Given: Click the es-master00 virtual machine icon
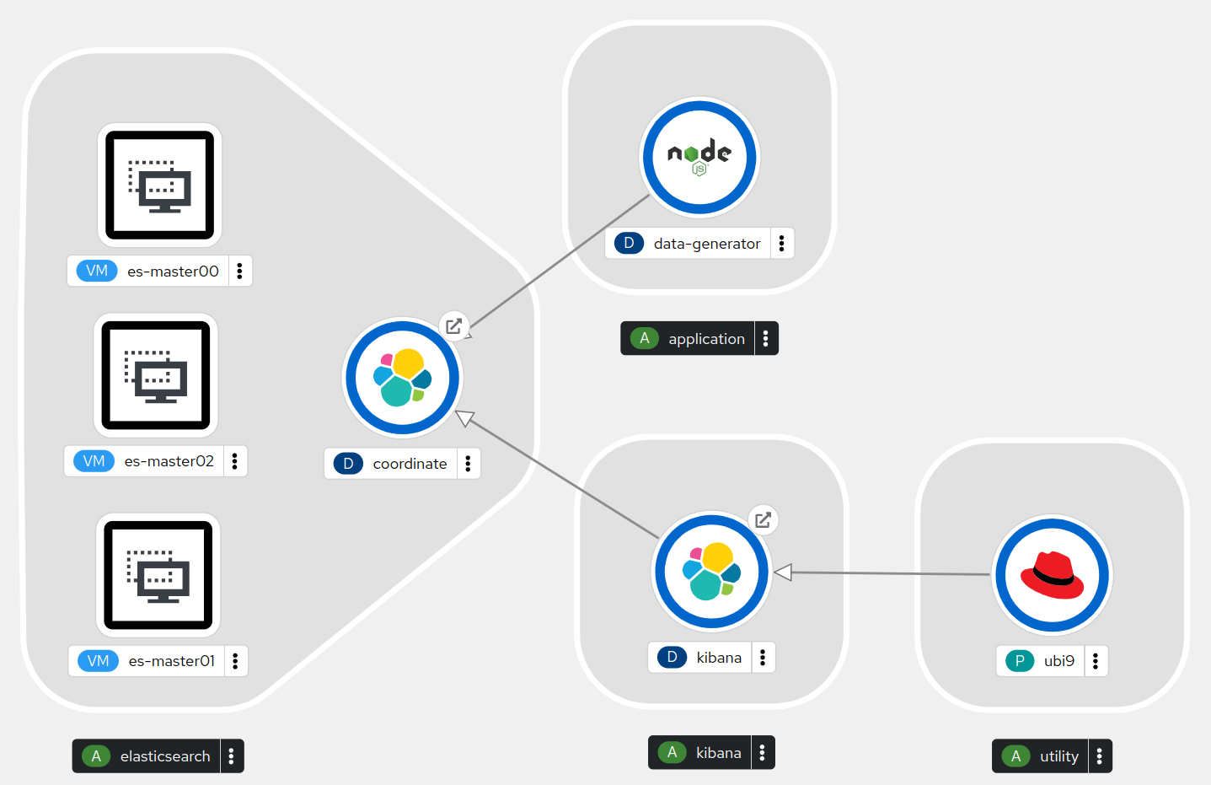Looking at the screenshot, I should [159, 185].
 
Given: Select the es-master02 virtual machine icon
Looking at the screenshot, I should [156, 375].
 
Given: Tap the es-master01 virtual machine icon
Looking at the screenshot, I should [158, 575].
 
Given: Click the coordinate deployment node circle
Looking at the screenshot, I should [402, 378].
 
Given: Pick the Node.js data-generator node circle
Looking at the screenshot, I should [699, 158].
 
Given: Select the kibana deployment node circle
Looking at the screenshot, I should [711, 572].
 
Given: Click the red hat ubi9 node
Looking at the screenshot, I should [1052, 575].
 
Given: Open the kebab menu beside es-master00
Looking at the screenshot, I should [239, 271].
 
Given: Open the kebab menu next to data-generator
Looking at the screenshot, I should [781, 243].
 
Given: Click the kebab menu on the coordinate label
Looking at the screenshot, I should [468, 463].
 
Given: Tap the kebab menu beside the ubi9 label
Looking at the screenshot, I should [1095, 661].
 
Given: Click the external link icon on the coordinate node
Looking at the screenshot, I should [453, 326].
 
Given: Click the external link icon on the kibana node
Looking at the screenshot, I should [763, 519].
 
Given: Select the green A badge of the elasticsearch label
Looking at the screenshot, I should [96, 756].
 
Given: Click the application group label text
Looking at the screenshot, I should [706, 339].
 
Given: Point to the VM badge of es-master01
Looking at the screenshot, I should [98, 661].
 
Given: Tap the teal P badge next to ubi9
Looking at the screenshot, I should [1019, 661].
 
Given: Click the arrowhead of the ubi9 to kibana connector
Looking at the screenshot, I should [782, 573].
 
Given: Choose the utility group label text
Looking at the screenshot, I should [1058, 756].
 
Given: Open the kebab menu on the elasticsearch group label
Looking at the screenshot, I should [231, 756].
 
